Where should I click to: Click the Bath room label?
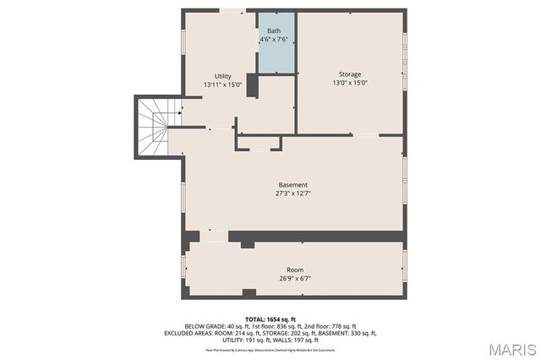pyautogui.click(x=274, y=30)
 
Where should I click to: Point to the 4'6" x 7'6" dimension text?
pyautogui.click(x=274, y=39)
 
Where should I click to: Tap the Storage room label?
pyautogui.click(x=349, y=74)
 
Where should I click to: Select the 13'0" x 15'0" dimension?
pyautogui.click(x=349, y=83)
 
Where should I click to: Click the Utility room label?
pyautogui.click(x=222, y=76)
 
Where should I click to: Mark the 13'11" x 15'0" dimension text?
pyautogui.click(x=222, y=85)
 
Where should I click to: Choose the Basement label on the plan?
pyautogui.click(x=292, y=185)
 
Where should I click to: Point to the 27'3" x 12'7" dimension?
pyautogui.click(x=292, y=194)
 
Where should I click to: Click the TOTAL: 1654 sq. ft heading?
pyautogui.click(x=270, y=319)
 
